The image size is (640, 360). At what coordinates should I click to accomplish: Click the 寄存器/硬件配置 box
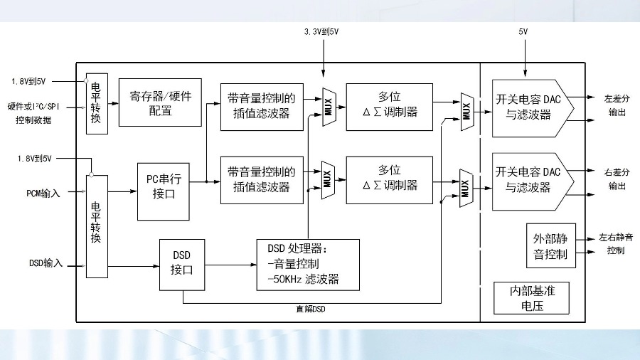(161, 102)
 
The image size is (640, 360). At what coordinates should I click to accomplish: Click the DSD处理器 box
(307, 263)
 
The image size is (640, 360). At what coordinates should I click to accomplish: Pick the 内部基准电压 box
(532, 298)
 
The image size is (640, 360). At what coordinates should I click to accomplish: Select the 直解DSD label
(311, 309)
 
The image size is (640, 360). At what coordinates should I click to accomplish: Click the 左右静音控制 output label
(616, 243)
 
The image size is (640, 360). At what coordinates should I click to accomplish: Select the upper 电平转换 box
(95, 102)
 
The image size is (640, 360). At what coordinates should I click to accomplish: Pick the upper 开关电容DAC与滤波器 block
(530, 107)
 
